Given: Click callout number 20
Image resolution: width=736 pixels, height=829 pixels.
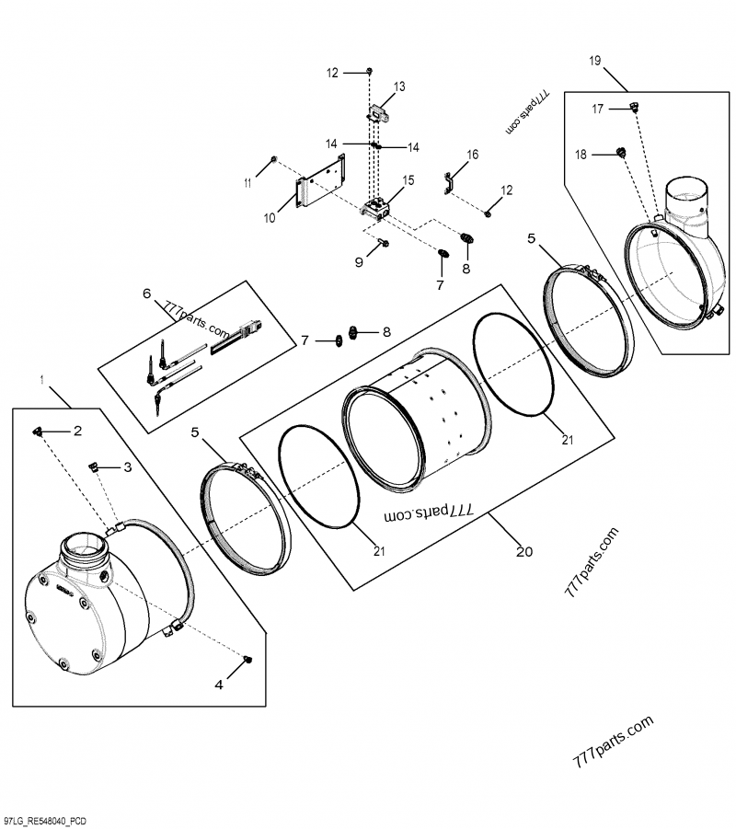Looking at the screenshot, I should click(523, 552).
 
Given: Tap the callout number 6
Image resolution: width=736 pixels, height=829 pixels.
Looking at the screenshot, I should click(146, 294).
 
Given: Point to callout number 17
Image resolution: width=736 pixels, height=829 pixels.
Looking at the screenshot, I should click(597, 109).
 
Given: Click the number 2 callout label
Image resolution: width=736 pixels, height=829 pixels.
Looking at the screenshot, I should click(77, 431).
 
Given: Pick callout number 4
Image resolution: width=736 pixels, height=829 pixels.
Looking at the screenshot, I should click(218, 684).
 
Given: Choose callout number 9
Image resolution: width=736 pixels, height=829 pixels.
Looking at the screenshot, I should click(360, 262).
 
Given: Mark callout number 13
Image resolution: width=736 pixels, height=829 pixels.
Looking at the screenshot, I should click(399, 86).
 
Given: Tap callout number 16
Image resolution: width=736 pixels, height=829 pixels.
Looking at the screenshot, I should click(472, 155).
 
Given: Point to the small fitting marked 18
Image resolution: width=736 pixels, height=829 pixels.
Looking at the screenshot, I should click(620, 152).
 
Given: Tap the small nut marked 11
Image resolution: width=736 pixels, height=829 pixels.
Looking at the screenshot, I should click(274, 163).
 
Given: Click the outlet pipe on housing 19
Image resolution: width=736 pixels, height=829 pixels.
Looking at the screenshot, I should click(686, 199).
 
